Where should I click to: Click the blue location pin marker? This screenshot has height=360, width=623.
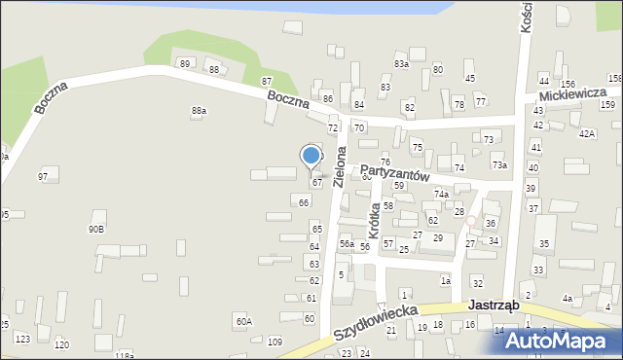pyautogui.click(x=311, y=156)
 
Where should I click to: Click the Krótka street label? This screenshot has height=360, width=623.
pyautogui.click(x=374, y=220)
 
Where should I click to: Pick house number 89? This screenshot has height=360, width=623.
pyautogui.click(x=184, y=64)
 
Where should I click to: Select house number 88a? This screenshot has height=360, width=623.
pyautogui.click(x=199, y=111)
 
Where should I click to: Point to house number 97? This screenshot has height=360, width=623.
pyautogui.click(x=43, y=176)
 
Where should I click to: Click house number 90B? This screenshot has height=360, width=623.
pyautogui.click(x=95, y=229)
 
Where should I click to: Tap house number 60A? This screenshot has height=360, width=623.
pyautogui.click(x=243, y=320)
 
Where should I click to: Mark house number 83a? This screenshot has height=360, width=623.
pyautogui.click(x=401, y=63)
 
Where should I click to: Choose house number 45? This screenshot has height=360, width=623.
pyautogui.click(x=469, y=78)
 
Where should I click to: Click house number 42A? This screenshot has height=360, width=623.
pyautogui.click(x=586, y=133)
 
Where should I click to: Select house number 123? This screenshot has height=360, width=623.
pyautogui.click(x=22, y=339)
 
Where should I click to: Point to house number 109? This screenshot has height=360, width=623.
pyautogui.click(x=275, y=342)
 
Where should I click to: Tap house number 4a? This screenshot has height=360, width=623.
pyautogui.click(x=567, y=299)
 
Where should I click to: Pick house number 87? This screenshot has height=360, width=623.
pyautogui.click(x=267, y=81)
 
